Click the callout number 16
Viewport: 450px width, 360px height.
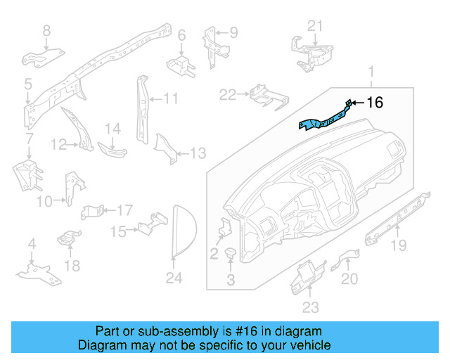(375, 103)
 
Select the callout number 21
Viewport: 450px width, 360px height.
(316, 26)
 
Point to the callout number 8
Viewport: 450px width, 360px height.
(46, 30)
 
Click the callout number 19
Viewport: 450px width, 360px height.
(399, 245)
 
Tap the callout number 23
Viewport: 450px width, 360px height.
(310, 307)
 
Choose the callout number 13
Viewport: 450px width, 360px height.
(198, 153)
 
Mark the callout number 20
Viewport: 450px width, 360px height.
(349, 278)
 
